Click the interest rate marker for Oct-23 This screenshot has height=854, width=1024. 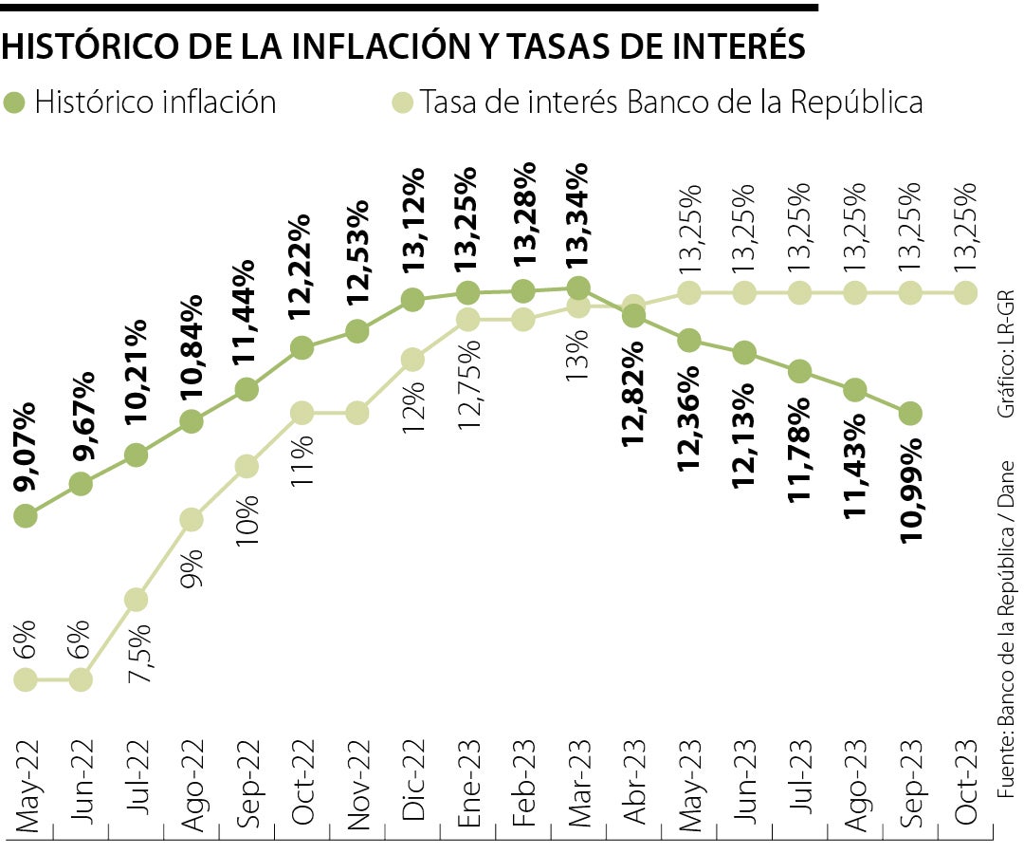click(966, 292)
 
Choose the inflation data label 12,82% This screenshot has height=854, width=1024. click(632, 392)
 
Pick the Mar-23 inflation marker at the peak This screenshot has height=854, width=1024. click(578, 287)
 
